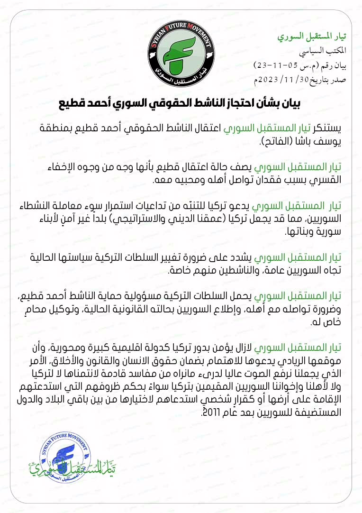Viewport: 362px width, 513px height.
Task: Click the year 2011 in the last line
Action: pos(211,412)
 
